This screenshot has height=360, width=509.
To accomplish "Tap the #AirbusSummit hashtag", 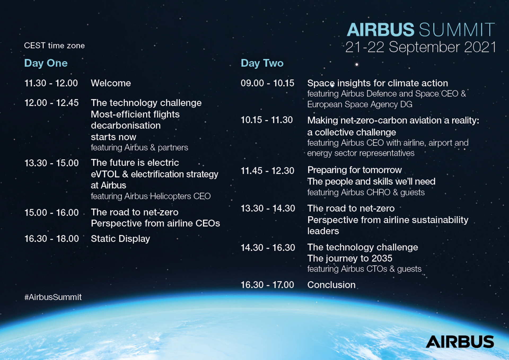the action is coord(53,297).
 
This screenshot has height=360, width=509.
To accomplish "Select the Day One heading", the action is coord(46,63).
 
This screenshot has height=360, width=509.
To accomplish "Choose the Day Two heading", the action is coord(262,63).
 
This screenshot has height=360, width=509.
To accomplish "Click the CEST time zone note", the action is coord(54,46).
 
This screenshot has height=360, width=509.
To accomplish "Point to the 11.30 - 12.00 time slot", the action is coord(51,83).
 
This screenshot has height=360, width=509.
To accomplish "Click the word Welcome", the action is coord(111,83).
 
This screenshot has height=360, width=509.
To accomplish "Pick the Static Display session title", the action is coord(120,239).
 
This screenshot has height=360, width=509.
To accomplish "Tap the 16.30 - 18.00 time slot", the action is coord(52,239).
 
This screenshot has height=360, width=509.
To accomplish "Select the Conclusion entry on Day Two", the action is coord(331,285).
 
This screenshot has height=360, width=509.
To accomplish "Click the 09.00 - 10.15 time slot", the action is coord(267,83).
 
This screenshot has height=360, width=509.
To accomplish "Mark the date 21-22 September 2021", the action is coord(421,47).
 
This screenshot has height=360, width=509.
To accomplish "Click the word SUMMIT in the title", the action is coord(457,29).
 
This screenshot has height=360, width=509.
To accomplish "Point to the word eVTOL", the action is coord(105,174).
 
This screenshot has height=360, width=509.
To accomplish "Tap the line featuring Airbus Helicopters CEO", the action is coord(151,196).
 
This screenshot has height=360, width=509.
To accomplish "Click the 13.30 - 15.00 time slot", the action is coord(51,163).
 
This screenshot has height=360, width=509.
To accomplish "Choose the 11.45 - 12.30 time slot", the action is coord(267,171).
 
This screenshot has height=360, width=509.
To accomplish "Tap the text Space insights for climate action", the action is coord(378,83).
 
